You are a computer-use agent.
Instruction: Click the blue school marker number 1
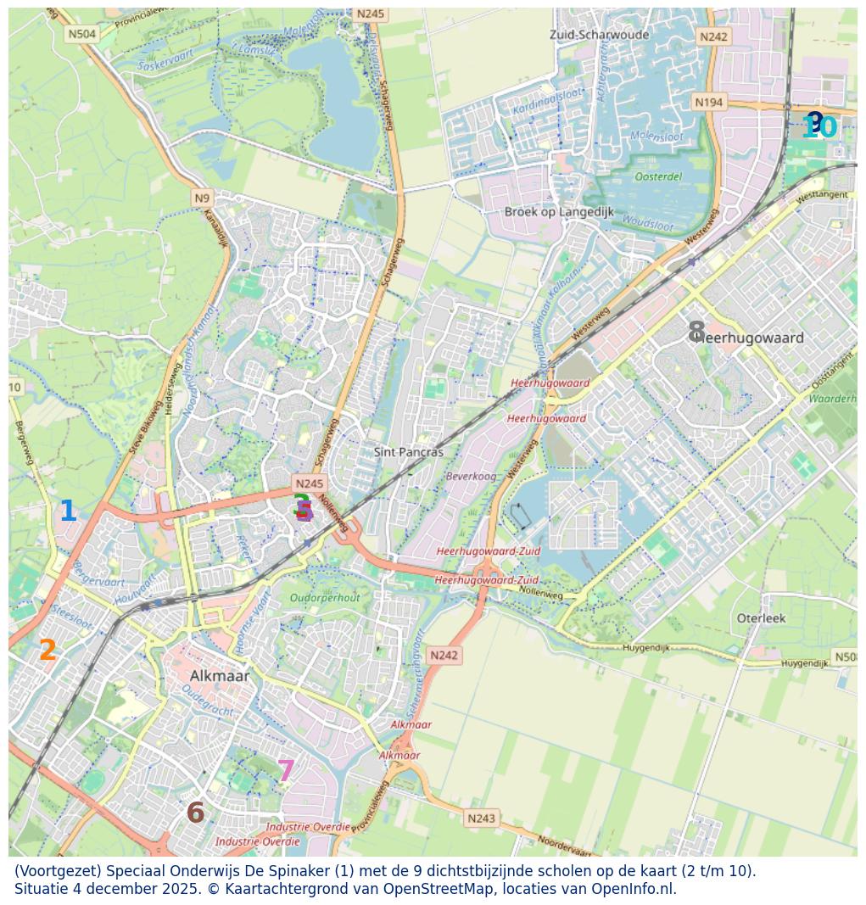tap(68, 512)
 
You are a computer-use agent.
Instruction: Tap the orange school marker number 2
tap(47, 651)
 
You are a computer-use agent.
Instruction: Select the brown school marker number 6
tap(195, 813)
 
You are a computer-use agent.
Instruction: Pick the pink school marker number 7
tap(286, 771)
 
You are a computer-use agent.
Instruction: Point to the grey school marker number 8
tap(696, 332)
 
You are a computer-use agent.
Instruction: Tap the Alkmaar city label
tap(220, 676)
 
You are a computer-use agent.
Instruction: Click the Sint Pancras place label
tap(409, 452)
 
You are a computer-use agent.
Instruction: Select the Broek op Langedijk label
tap(559, 212)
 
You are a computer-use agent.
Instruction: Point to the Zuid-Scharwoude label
tap(599, 35)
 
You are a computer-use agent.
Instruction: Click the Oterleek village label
tap(761, 618)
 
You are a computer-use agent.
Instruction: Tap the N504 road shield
tap(82, 34)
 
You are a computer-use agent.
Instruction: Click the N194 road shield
tap(709, 103)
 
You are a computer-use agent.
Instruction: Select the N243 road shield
tap(481, 818)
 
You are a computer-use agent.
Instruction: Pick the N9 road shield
tap(201, 198)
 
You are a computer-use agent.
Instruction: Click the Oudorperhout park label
tap(325, 598)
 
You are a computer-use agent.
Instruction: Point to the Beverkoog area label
tap(472, 477)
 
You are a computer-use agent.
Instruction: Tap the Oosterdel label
tap(658, 176)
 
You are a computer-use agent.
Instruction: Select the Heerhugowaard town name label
tap(751, 338)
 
